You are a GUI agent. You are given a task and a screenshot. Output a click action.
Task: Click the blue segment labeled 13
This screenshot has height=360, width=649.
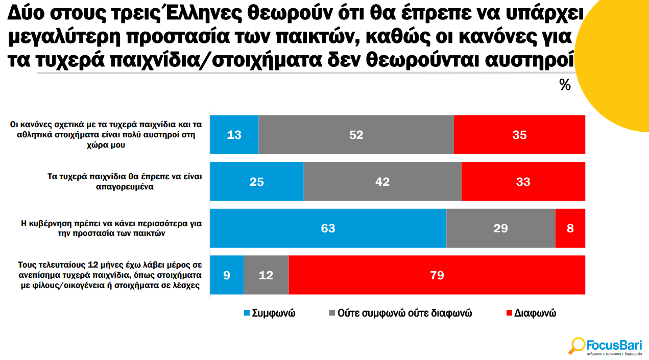[x=234, y=135]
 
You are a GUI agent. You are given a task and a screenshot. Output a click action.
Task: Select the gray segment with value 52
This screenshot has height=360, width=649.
[x=356, y=135]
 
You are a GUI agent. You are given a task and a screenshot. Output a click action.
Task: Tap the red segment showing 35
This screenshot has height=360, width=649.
[x=519, y=135]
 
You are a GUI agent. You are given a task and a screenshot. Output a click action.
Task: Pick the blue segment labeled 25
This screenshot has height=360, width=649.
[x=257, y=181]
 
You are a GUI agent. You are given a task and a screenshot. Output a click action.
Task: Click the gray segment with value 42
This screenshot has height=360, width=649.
[x=382, y=181]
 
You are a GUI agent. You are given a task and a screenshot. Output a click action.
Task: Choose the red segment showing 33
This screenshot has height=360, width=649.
[x=523, y=181]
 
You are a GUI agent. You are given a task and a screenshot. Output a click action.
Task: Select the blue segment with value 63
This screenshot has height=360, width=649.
[x=328, y=228]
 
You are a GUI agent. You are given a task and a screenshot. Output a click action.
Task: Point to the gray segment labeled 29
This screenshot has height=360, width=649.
[x=500, y=228]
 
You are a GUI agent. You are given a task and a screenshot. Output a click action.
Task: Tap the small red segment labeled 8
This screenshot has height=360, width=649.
[x=570, y=228]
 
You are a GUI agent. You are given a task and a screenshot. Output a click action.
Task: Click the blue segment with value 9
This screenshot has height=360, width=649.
[x=227, y=275]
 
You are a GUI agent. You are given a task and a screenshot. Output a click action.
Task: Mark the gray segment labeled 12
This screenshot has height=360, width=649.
[x=266, y=275]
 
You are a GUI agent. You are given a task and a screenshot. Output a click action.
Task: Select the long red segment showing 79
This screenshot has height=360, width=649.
[x=437, y=275]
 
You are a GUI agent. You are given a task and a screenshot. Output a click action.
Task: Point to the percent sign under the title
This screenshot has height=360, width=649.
[x=565, y=85]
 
